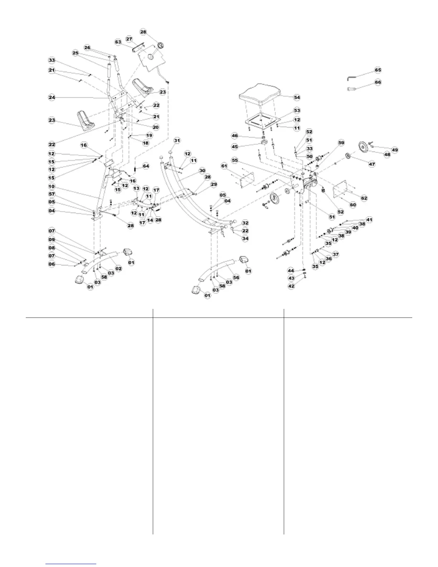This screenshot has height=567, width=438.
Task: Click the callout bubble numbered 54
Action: (297, 97)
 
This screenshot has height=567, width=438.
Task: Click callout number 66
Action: (378, 82)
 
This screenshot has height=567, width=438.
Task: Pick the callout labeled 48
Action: (387, 155)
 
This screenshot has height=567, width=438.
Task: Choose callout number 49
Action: (394, 150)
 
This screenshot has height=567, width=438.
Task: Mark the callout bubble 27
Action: (129, 39)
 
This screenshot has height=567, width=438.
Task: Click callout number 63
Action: (118, 42)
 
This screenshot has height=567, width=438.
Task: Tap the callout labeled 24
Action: (52, 97)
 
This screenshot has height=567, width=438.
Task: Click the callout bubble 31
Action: (177, 141)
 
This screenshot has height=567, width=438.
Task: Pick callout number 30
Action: (202, 170)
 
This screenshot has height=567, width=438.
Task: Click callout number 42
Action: (292, 286)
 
